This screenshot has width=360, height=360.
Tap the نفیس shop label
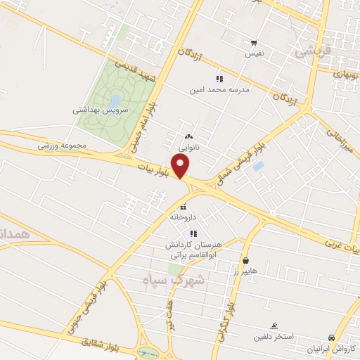point(255,53)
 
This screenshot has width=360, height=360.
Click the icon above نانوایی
point(187,136)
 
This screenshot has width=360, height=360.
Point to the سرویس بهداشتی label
point(100,110)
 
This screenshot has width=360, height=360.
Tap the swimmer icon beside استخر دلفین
point(274,325)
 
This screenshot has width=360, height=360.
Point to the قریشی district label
point(311,51)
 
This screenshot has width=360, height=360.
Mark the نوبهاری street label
point(347,72)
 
